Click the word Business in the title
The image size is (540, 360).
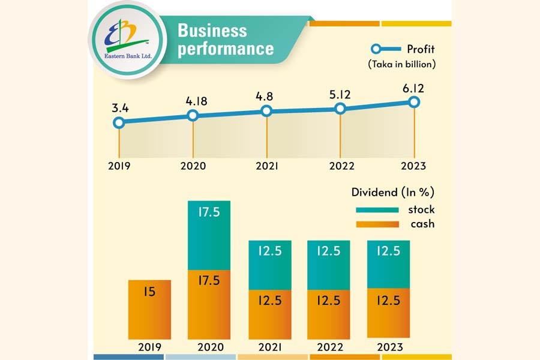pyautogui.click(x=212, y=31)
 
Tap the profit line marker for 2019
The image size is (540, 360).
pyautogui.click(x=119, y=122)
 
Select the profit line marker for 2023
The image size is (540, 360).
pyautogui.click(x=413, y=102)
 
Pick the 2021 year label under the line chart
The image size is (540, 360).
pyautogui.click(x=266, y=166)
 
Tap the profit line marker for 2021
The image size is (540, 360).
pyautogui.click(x=266, y=111)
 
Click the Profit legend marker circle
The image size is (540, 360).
pyautogui.click(x=376, y=49)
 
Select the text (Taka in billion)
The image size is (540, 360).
pyautogui.click(x=401, y=64)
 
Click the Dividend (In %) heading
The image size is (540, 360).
pyautogui.click(x=393, y=193)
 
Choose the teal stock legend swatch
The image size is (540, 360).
pyautogui.click(x=377, y=210)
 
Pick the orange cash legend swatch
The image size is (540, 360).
pyautogui.click(x=377, y=224)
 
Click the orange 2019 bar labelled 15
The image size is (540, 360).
pyautogui.click(x=150, y=309)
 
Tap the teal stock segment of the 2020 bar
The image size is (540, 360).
pyautogui.click(x=209, y=235)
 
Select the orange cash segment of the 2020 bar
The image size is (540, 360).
pyautogui.click(x=209, y=304)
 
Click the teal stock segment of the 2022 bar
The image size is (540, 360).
pyautogui.click(x=328, y=265)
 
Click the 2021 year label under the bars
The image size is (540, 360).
pyautogui.click(x=269, y=347)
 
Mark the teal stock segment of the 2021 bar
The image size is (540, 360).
pyautogui.click(x=269, y=265)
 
